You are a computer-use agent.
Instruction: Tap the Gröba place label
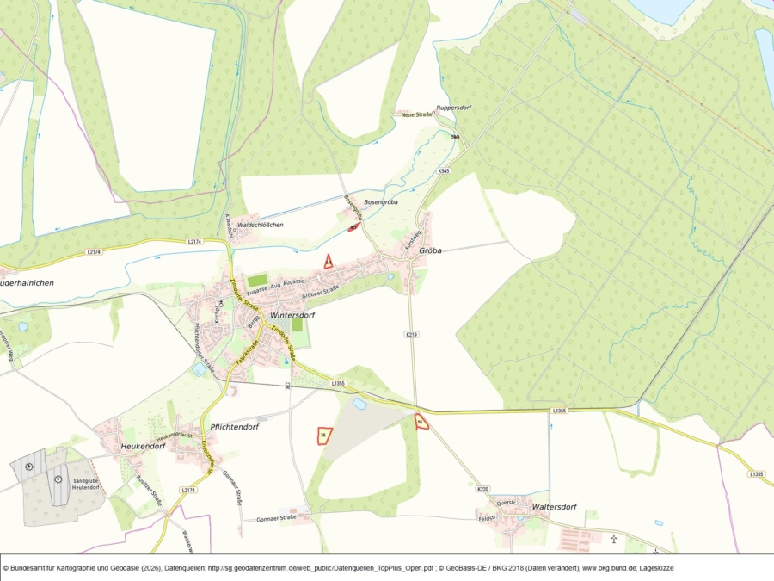coord(430,251)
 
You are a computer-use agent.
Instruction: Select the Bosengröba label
coord(381,202)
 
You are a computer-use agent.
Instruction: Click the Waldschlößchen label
coord(261,225)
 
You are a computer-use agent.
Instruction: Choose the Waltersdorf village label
coord(554,507)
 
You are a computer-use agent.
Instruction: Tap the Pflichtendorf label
coord(235,427)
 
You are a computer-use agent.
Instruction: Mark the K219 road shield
coord(411,334)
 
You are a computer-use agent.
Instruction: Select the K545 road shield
coord(443,171)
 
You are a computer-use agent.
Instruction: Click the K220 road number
coord(482,489)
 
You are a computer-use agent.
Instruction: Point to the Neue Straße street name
coord(415,114)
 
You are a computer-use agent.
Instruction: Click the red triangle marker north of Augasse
coord(329,262)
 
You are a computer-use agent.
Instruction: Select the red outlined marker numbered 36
coord(323,436)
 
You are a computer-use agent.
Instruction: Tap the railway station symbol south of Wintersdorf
coord(287,386)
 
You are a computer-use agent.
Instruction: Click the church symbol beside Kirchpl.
coord(221,303)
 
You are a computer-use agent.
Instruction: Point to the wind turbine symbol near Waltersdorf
coord(614,539)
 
